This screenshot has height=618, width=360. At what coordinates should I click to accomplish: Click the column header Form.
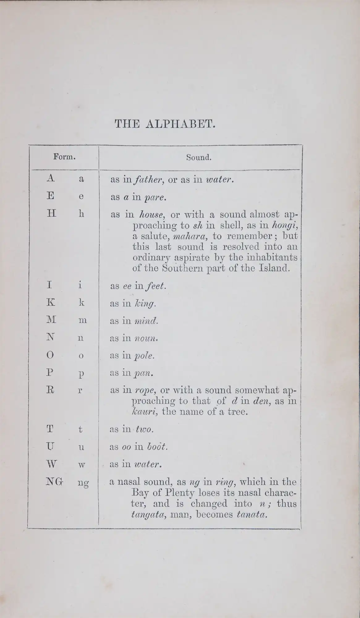click(x=65, y=157)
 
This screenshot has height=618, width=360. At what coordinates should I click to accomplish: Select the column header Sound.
click(x=199, y=158)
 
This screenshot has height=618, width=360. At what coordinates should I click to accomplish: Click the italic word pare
click(x=156, y=197)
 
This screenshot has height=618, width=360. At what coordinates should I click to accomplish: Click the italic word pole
click(x=144, y=356)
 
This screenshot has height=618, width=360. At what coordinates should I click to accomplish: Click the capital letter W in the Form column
click(x=52, y=464)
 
